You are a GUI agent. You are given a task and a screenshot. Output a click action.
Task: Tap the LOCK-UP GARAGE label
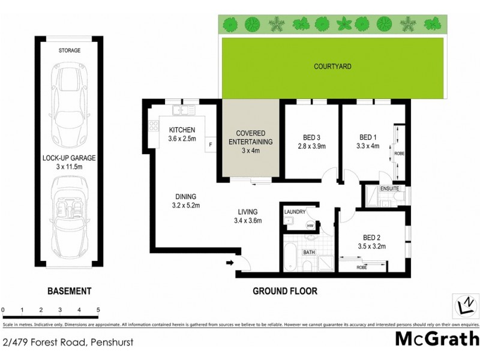coord(69,158)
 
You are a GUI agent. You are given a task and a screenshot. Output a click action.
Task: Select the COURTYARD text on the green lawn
coord(332,67)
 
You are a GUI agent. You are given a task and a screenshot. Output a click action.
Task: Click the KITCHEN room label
coord(181,130)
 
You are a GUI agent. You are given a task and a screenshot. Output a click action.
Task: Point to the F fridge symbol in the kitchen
coord(211,145)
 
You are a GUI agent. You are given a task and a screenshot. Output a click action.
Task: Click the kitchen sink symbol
coord(181,110)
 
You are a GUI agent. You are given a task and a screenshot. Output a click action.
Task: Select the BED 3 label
coord(310,136)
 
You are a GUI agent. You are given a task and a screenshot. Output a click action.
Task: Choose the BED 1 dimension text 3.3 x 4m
coord(368,145)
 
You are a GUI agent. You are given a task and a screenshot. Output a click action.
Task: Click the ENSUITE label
coord(397,189)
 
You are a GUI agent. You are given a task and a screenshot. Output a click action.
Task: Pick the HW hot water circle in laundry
coord(310,226)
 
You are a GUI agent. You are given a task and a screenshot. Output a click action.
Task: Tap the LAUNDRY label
coord(296,212)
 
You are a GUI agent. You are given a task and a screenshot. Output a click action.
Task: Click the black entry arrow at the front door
coord(230,263)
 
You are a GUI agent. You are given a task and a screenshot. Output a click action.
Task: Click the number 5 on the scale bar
coord(98,310)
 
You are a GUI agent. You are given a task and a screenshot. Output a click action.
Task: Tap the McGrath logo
coord(437,338)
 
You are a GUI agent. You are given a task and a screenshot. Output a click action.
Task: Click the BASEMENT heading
coord(70,291)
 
